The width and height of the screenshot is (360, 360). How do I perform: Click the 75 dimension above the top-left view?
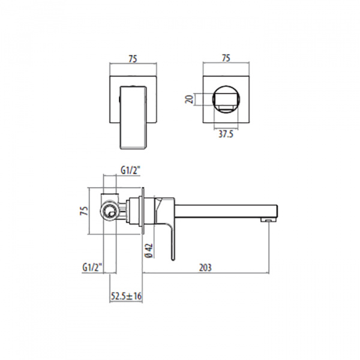click(133, 59)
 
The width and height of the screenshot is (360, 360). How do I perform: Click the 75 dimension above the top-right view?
click(226, 58)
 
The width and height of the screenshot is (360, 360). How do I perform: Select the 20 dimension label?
click(190, 100)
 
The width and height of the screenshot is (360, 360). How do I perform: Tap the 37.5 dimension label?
click(226, 134)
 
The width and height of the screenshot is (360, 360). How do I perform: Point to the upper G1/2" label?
click(130, 170)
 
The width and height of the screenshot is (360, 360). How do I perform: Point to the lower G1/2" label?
click(92, 268)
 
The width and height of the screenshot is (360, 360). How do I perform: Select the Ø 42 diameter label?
click(149, 250)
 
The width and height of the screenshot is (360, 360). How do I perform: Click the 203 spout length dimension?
click(205, 268)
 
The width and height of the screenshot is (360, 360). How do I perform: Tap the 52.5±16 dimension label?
click(126, 296)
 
